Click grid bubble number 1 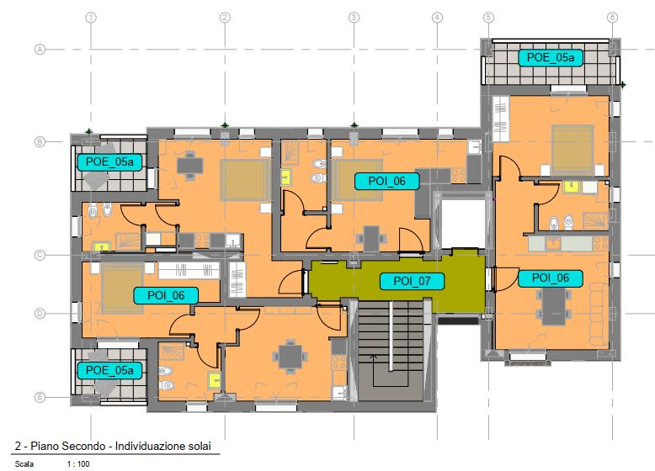point(91,18)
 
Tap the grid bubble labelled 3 point(354,18)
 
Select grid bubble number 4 point(437,18)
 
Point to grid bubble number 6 point(612,18)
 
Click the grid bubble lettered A point(40,50)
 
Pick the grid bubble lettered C point(40,255)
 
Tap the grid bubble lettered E point(40,397)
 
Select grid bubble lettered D point(40,314)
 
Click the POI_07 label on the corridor point(412,281)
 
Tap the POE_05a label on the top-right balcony point(551,57)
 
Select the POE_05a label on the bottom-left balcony point(109,370)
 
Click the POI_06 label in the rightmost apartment point(551,278)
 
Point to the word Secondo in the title point(86,446)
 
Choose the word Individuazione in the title point(149,446)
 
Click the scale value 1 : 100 point(78,464)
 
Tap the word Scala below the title point(24,464)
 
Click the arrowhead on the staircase point(374,357)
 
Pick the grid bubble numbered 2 point(225,18)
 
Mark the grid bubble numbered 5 point(488,18)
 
